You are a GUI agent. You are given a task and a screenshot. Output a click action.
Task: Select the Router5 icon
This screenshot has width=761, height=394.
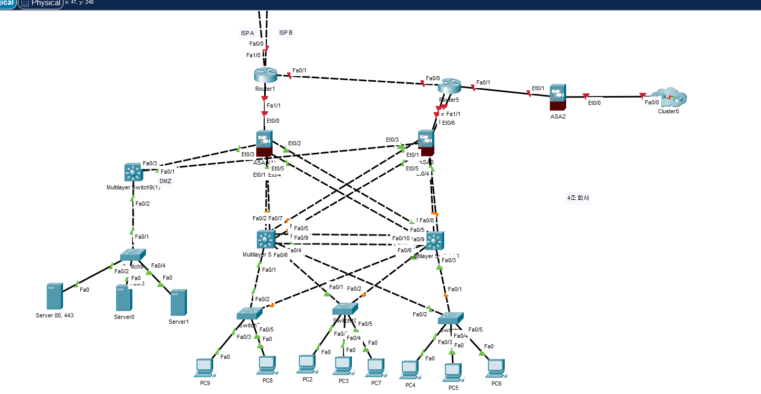click(x=450, y=86)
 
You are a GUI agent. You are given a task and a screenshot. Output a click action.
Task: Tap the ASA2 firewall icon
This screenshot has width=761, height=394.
click(x=557, y=96)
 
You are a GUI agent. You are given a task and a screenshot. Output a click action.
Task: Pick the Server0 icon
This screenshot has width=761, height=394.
click(x=124, y=298)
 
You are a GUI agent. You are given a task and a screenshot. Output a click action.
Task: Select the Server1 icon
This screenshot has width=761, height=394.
click(x=179, y=302)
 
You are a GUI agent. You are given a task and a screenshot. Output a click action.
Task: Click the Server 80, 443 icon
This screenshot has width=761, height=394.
click(x=55, y=296)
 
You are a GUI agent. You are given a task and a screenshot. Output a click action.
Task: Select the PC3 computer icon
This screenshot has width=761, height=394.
click(x=342, y=366)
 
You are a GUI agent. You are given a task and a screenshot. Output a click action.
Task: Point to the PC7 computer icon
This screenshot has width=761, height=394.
click(x=376, y=367)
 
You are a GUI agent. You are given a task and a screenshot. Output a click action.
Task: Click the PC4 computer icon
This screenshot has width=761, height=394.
click(x=410, y=369)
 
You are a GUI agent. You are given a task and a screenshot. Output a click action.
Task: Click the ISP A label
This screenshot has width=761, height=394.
click(x=247, y=33)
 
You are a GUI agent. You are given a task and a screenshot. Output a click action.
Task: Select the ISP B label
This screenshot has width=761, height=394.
click(x=286, y=33)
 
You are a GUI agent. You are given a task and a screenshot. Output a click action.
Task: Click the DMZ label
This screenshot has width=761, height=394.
click(x=165, y=181)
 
